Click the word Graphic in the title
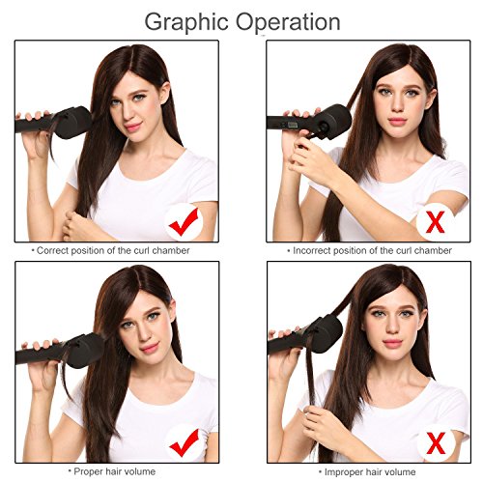[186, 22]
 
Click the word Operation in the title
[288, 22]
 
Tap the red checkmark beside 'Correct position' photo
[184, 222]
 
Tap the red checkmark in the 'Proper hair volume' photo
[184, 443]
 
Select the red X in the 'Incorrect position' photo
[435, 221]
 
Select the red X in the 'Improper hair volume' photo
[436, 443]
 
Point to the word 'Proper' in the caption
[89, 471]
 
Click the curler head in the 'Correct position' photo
[73, 123]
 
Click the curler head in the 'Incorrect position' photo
[333, 122]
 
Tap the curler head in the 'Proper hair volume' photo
[85, 351]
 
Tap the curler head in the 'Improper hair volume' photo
[326, 334]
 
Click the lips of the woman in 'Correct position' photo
[133, 127]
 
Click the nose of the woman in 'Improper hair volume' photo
[393, 327]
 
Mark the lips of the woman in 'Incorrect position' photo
[397, 122]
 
